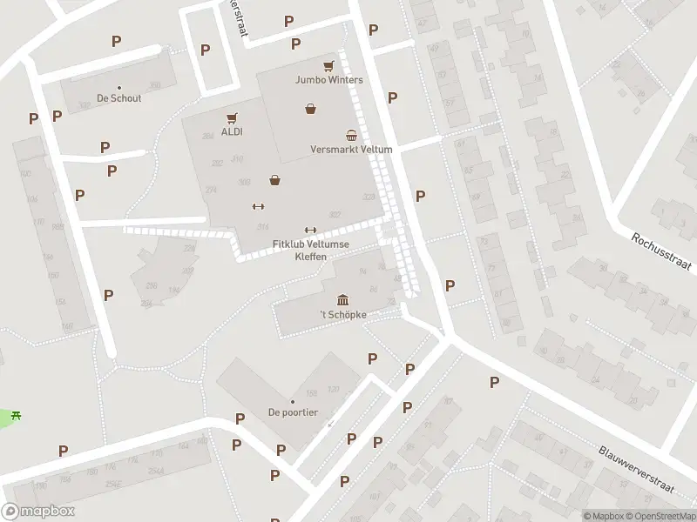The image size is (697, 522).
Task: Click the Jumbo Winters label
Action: tap(328, 80)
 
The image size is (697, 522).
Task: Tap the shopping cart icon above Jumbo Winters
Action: tap(328, 66)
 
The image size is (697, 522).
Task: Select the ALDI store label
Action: tap(232, 132)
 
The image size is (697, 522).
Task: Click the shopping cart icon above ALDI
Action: tap(232, 118)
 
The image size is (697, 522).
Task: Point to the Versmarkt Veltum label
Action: tap(351, 150)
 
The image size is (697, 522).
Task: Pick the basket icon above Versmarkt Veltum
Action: tap(351, 135)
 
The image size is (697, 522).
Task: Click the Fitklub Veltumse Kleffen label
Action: tap(310, 250)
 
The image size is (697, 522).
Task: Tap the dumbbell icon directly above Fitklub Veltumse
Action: tap(310, 231)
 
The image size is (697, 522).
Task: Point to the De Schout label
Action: tap(119, 98)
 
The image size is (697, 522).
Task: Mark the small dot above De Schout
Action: tap(119, 88)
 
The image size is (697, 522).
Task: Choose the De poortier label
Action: tap(293, 412)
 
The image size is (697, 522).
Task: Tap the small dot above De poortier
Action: tap(293, 402)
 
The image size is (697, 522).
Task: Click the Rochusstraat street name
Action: tap(663, 251)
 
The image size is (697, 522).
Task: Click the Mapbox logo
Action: tap(38, 512)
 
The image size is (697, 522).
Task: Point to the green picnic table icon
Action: tap(16, 415)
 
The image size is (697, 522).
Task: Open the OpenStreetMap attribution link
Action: tap(659, 516)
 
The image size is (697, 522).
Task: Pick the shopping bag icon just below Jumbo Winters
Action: tap(310, 109)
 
